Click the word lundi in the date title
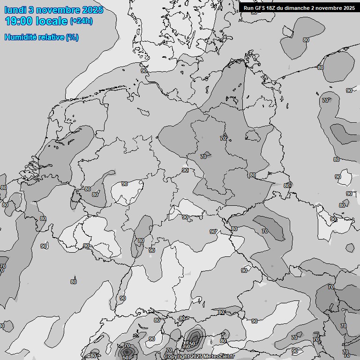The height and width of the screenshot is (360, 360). [15, 10]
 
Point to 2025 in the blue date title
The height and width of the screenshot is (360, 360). [92, 10]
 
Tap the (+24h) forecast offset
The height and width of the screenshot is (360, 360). [81, 21]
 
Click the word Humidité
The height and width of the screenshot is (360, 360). [20, 37]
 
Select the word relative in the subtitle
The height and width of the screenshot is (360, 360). [51, 37]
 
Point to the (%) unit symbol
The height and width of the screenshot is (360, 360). [73, 37]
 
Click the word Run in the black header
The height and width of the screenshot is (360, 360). [248, 8]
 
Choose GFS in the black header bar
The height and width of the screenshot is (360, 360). [260, 8]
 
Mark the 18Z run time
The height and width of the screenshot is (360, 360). [273, 8]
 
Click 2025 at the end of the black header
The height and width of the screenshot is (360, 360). [348, 8]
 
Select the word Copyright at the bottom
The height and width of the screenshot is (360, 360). [177, 357]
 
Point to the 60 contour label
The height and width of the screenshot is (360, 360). [187, 346]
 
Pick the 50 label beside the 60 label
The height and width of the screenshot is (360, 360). [192, 344]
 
